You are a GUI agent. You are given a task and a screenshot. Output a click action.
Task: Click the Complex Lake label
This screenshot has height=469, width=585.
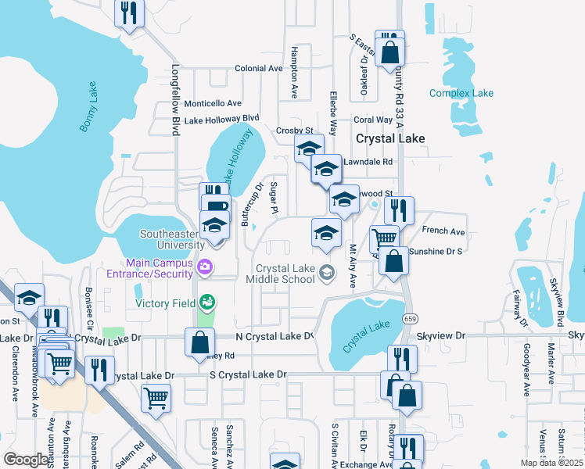point(461,94)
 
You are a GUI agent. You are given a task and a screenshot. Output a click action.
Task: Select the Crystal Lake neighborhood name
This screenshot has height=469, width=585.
point(390,138)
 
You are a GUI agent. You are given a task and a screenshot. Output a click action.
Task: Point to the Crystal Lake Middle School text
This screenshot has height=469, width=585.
point(280,274)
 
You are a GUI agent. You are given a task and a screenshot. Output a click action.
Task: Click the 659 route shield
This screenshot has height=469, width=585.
point(410,318)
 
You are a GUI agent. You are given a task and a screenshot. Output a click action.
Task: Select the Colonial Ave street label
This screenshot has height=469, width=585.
point(258,69)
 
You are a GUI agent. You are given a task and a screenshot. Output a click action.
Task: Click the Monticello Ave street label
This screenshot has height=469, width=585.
point(213,103)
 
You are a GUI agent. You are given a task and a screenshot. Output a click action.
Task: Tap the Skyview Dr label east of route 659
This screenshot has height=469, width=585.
point(440,335)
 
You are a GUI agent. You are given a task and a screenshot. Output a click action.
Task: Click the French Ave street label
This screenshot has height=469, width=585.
point(443,231)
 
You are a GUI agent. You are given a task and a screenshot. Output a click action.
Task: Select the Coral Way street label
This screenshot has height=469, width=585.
point(372,120)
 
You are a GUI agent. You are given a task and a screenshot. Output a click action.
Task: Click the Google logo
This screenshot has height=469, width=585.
point(25,460)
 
